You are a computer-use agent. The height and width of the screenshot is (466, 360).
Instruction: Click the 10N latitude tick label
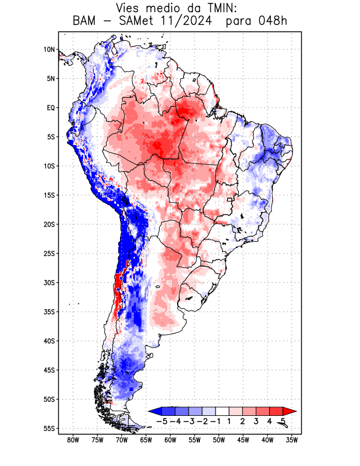(49, 50)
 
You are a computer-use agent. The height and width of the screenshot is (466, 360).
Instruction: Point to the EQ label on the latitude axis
(51, 108)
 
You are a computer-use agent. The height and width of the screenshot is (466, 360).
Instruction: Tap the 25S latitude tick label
(49, 253)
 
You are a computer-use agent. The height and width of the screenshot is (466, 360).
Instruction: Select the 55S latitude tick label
(49, 428)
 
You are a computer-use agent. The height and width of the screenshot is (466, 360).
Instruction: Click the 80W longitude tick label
(73, 440)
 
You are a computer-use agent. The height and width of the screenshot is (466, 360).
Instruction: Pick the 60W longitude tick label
(170, 440)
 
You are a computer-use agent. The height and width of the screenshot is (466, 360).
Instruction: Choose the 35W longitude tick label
(292, 440)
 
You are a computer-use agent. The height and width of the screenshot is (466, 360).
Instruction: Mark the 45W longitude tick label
(243, 440)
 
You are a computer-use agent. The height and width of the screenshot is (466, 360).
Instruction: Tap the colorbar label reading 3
(256, 421)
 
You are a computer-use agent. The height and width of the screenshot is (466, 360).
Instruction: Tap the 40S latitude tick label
(49, 341)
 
